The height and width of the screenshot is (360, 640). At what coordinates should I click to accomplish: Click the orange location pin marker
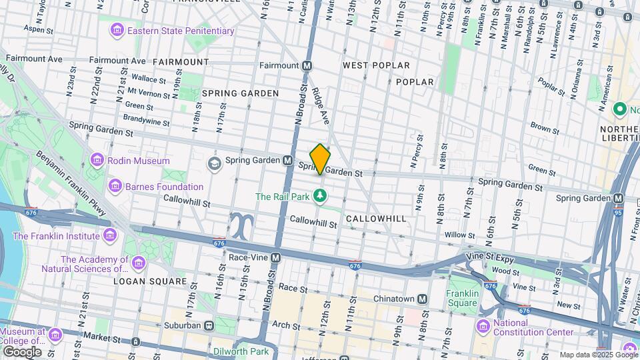(x=320, y=159)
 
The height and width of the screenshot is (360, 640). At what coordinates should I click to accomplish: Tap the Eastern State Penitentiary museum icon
(x=118, y=31)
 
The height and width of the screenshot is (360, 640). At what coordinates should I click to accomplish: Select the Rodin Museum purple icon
(x=97, y=161)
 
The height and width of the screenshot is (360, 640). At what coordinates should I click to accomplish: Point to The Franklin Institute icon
(x=110, y=235)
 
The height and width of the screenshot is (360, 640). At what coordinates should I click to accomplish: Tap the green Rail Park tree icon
(x=321, y=196)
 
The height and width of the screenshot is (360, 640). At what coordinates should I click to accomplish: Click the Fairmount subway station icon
(x=307, y=65)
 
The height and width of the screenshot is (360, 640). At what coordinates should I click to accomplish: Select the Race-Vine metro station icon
(x=275, y=257)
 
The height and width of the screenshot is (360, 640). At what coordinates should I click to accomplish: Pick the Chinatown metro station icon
(x=422, y=299)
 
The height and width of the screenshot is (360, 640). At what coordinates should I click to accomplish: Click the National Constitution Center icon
(x=483, y=325)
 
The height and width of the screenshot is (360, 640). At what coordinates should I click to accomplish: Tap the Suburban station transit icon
(x=209, y=325)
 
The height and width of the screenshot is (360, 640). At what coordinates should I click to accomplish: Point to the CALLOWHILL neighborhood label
(x=376, y=219)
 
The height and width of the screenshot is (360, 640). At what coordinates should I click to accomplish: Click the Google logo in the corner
(x=22, y=351)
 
